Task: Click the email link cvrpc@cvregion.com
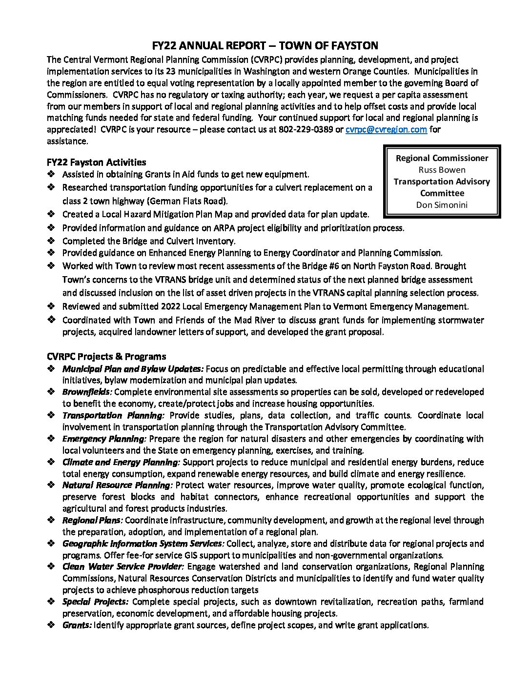pyautogui.click(x=386, y=130)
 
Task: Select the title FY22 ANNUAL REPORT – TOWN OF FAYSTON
pyautogui.click(x=265, y=46)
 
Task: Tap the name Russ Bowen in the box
pyautogui.click(x=442, y=170)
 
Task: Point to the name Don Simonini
pyautogui.click(x=442, y=205)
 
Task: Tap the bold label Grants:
pyautogui.click(x=77, y=625)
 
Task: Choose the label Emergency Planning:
pyautogui.click(x=104, y=439)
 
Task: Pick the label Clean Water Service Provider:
pyautogui.click(x=123, y=567)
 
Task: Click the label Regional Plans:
pyautogui.click(x=92, y=520)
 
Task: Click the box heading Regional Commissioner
pyautogui.click(x=442, y=158)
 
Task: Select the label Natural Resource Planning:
pyautogui.click(x=117, y=485)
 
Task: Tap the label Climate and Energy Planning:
pyautogui.click(x=121, y=462)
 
